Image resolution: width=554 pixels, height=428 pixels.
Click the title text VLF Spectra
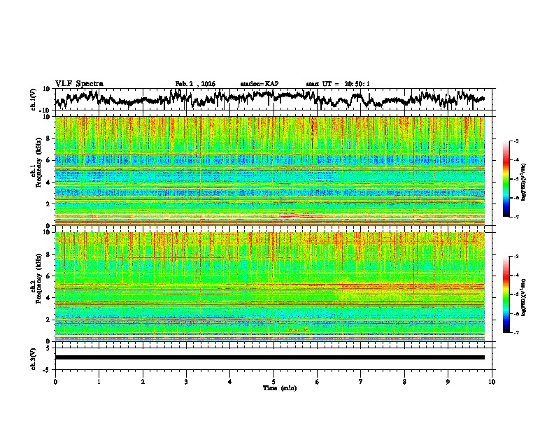click(x=79, y=83)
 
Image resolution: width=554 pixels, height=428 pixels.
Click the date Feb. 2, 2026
click(x=195, y=83)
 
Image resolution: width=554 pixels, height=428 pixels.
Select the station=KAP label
click(x=259, y=83)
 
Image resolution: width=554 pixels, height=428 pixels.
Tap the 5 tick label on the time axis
click(x=274, y=381)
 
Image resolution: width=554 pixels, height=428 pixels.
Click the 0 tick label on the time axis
click(x=55, y=381)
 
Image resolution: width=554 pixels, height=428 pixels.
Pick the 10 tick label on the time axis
click(x=492, y=381)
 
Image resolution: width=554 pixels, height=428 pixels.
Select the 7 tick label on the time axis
click(x=361, y=381)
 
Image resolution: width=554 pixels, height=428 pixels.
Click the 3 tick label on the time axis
click(x=186, y=381)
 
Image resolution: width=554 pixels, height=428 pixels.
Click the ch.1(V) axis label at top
click(x=33, y=99)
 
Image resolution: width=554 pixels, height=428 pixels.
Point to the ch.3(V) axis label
click(x=33, y=357)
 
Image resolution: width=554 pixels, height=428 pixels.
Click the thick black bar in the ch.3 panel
click(x=269, y=357)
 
